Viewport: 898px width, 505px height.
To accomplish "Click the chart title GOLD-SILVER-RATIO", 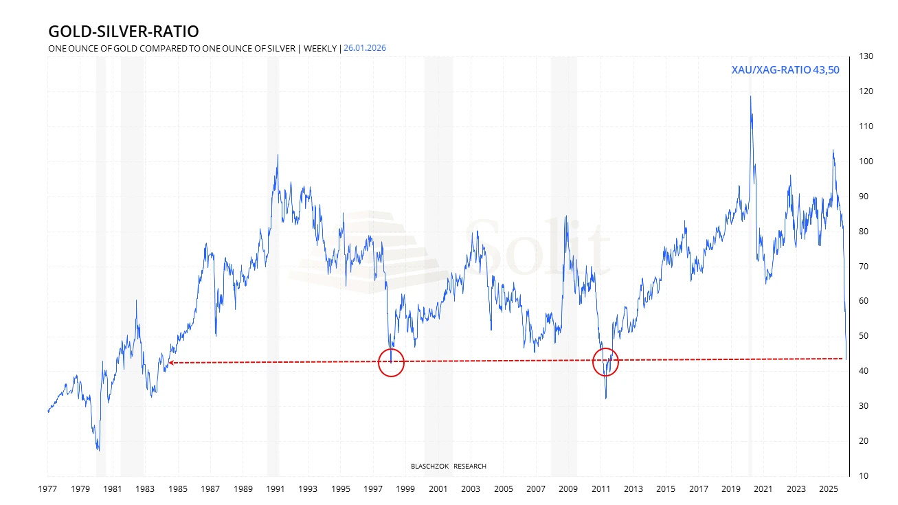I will coord(124,32).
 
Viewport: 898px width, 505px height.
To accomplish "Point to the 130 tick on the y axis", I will coord(865,56).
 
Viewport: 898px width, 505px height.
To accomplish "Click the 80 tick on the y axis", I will coord(862,232).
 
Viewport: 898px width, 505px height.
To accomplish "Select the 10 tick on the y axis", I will coord(862,476).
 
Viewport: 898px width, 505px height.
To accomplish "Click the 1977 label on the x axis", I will coord(48,489).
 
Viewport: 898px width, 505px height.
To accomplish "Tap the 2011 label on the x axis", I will coord(601,489).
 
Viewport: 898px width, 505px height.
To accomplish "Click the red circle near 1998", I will coord(392,363).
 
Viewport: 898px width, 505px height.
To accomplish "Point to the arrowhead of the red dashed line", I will coord(170,363).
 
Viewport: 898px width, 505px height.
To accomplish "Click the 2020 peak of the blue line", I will coord(750,96).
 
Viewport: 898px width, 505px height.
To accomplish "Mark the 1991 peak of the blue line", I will coord(278,155).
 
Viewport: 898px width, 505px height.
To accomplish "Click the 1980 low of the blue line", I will coord(99,450).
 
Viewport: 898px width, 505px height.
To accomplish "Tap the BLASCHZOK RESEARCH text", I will coord(448,467).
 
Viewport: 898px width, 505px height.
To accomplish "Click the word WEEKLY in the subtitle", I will coord(320,48).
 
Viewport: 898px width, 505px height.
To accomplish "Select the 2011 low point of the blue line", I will coord(605,398).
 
